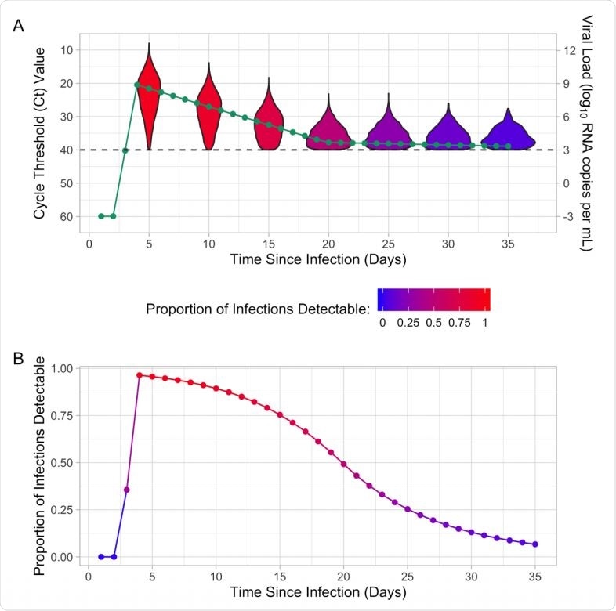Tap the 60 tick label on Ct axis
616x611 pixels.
point(67,216)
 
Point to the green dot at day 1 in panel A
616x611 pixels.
point(101,216)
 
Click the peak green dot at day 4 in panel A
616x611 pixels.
point(137,85)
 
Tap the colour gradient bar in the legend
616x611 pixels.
point(433,300)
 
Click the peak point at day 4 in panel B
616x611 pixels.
point(139,375)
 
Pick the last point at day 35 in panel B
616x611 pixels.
point(535,544)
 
